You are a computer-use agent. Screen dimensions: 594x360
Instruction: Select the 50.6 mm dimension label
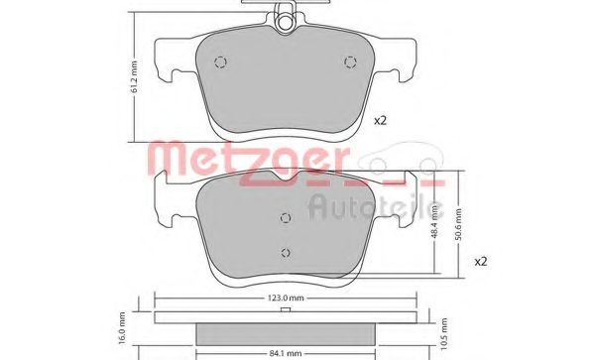tap(459, 224)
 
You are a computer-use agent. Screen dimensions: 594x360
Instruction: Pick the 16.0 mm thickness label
tap(122, 328)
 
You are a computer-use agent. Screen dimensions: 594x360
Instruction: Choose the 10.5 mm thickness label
tap(444, 333)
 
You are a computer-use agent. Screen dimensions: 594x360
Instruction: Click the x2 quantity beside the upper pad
tap(380, 121)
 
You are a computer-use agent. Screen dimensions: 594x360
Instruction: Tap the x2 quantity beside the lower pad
tap(481, 262)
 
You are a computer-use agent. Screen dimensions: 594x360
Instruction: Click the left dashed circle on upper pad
tap(220, 62)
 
